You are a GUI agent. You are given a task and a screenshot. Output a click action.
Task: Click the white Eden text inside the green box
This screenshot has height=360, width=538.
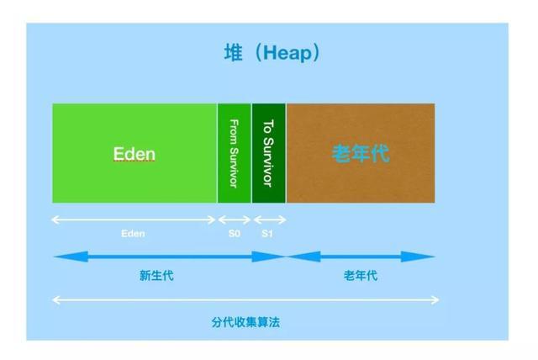pos(134,155)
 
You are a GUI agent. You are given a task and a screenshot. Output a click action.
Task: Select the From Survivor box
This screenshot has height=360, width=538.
pos(235,153)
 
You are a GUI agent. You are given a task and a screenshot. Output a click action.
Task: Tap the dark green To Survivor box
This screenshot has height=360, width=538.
pos(268,153)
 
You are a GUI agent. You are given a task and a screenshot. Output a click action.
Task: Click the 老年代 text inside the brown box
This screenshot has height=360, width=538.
pos(361,155)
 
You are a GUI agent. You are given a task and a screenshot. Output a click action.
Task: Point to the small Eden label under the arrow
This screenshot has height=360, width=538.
pos(133,234)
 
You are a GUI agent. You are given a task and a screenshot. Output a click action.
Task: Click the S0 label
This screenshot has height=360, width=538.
pos(235,234)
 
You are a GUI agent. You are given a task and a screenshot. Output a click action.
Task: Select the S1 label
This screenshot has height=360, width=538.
pos(267,234)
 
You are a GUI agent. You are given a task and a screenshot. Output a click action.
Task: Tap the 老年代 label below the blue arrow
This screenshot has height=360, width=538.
pos(361,276)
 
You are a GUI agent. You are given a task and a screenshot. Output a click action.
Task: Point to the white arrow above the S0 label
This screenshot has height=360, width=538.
pos(235,220)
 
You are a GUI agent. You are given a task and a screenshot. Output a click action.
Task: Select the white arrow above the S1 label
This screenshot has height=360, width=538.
pos(269,220)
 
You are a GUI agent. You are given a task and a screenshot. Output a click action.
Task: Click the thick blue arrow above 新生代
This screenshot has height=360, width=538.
pos(168,257)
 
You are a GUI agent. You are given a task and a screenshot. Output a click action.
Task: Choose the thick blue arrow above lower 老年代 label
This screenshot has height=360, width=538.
pos(361,257)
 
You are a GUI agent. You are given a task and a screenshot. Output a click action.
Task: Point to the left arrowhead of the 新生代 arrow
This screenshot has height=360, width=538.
pos(61,257)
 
